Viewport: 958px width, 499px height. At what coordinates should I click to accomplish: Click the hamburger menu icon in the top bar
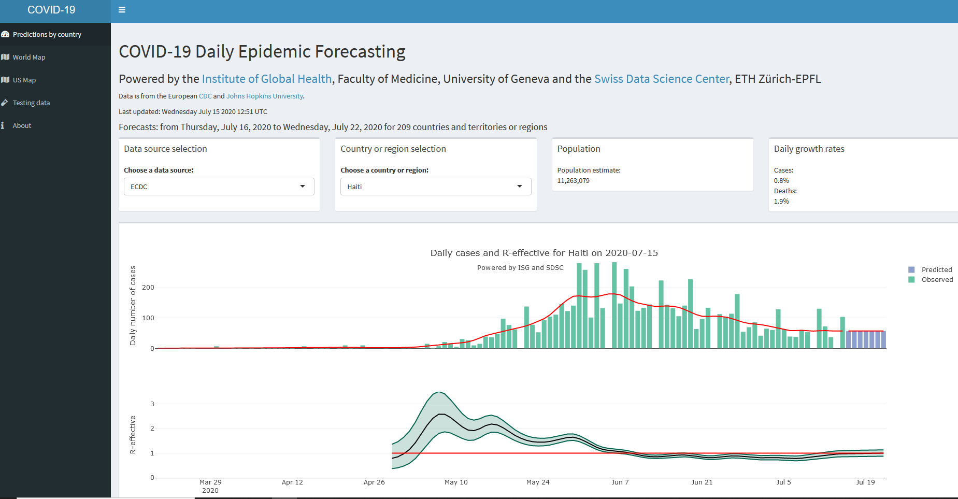click(122, 10)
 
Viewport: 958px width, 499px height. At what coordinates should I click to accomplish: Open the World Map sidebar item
click(28, 58)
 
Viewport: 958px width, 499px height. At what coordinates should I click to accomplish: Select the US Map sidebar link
click(24, 80)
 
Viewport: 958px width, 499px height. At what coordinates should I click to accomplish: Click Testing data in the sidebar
click(31, 103)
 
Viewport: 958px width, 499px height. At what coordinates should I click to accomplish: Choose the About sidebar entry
click(22, 126)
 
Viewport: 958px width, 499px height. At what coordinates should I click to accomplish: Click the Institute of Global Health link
click(266, 79)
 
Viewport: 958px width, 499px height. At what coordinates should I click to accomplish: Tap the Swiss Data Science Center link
click(662, 79)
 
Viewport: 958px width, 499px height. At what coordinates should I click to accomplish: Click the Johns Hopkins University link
click(264, 96)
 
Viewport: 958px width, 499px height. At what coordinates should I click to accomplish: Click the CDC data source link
click(205, 96)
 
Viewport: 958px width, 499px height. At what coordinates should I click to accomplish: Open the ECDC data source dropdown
click(219, 187)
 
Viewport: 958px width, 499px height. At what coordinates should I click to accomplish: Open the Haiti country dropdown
click(435, 187)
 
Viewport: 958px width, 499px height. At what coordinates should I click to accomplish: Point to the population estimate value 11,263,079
click(573, 181)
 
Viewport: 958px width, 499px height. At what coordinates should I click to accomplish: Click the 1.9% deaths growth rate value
click(781, 202)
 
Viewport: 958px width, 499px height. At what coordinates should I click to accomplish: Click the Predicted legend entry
click(936, 270)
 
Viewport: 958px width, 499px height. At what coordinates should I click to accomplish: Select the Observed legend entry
click(937, 280)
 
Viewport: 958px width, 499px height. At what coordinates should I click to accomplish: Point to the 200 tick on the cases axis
click(148, 288)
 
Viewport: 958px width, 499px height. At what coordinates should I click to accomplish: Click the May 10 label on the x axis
click(456, 482)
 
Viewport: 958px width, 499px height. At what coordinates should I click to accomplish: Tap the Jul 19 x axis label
click(865, 482)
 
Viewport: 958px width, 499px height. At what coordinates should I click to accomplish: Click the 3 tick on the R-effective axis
click(152, 404)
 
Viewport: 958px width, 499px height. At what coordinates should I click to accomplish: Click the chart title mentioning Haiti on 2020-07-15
click(544, 253)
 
